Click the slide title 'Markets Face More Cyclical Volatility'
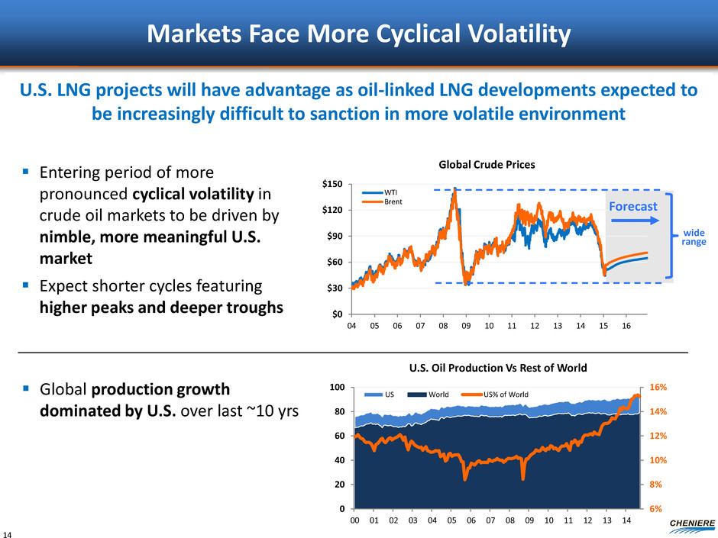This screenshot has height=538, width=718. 359,34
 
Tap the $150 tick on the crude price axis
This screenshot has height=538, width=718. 331,184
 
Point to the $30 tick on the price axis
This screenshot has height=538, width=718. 333,288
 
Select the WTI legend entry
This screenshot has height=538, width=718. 386,192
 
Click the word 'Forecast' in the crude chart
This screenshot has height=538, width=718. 632,205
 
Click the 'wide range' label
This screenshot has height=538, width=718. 694,237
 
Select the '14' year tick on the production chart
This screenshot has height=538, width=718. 626,521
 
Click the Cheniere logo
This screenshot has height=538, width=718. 691,522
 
